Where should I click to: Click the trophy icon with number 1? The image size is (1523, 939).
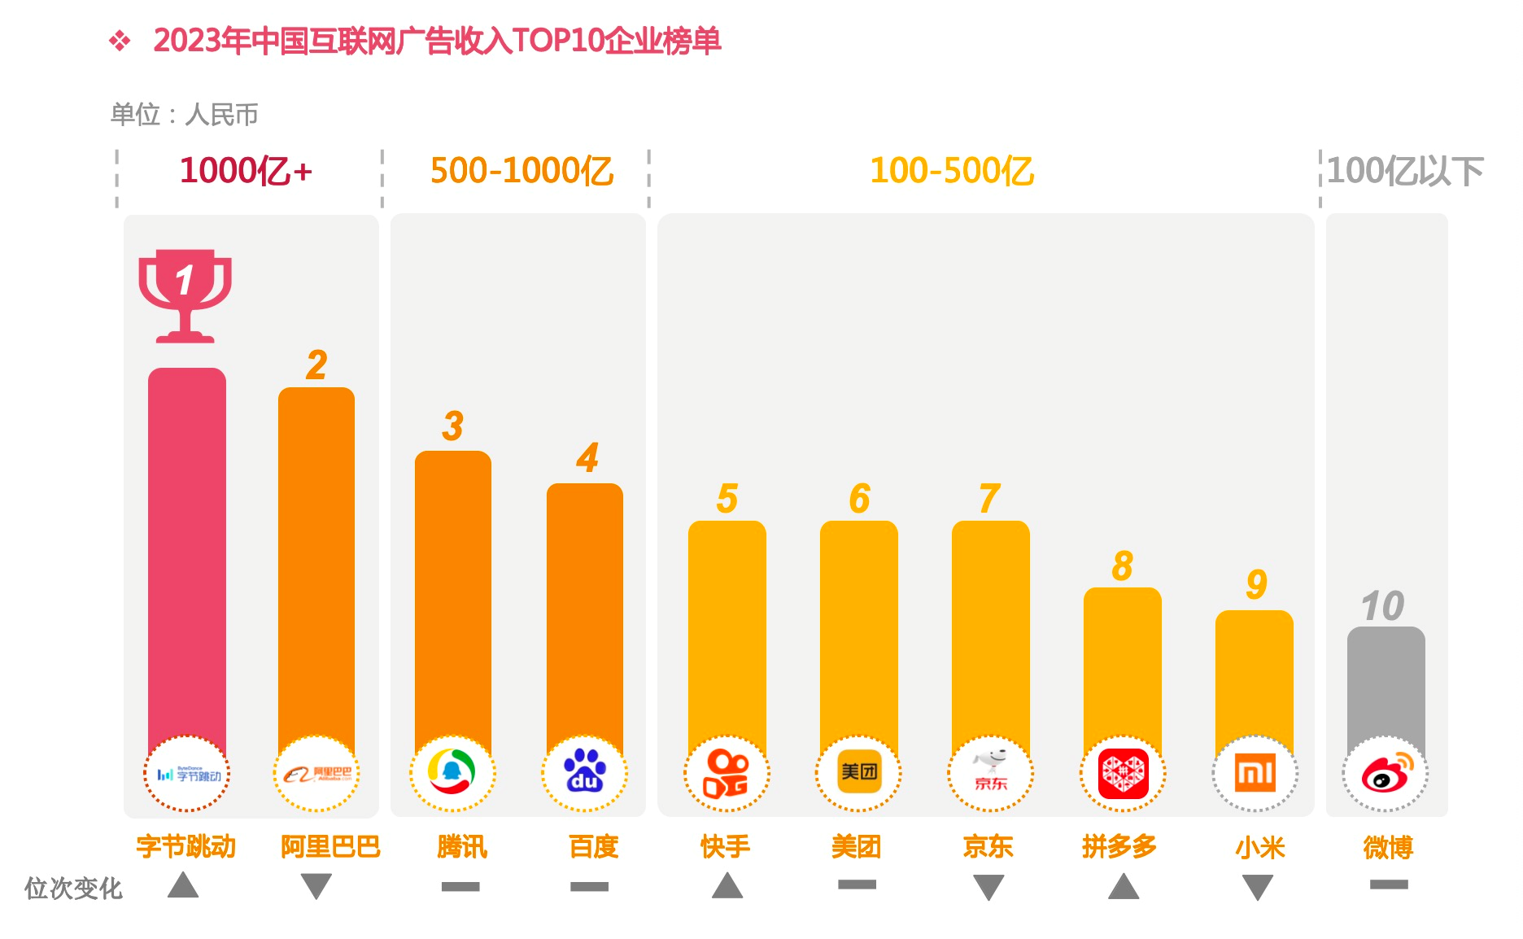(x=185, y=295)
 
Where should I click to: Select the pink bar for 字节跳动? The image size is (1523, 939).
(x=187, y=553)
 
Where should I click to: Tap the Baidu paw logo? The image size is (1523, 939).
(x=585, y=772)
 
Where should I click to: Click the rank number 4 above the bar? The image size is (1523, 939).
(x=587, y=457)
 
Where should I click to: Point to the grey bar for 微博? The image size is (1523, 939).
(x=1386, y=684)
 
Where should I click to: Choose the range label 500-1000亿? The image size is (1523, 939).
(x=521, y=171)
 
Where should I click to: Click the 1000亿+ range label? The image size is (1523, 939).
(x=246, y=171)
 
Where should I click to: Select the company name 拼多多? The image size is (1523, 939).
(x=1119, y=847)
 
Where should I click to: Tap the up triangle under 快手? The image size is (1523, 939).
(x=727, y=885)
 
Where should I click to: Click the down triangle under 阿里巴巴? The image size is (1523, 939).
(x=316, y=884)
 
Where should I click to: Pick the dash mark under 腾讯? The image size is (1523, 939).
(x=460, y=886)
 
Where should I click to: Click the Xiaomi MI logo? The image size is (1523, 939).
(x=1255, y=773)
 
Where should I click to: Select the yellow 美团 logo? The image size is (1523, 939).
(x=859, y=771)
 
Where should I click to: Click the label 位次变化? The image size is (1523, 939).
(x=73, y=888)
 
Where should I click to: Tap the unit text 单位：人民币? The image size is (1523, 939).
(x=185, y=115)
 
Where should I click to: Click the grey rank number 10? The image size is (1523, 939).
(x=1382, y=606)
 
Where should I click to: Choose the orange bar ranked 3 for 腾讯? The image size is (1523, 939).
(x=453, y=594)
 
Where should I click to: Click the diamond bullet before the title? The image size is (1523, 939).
(x=120, y=41)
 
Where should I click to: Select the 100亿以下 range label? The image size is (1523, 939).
(x=1405, y=171)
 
